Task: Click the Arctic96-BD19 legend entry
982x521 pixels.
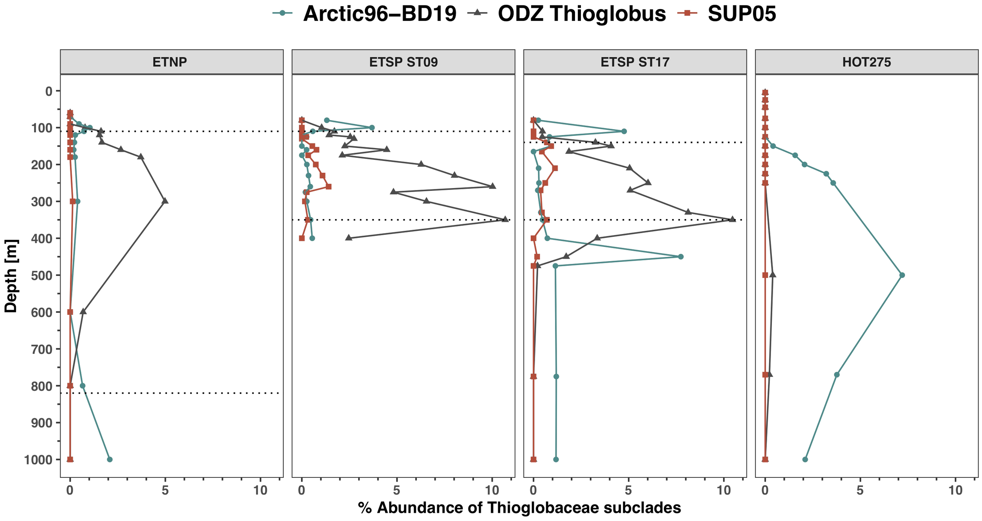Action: [x=379, y=14]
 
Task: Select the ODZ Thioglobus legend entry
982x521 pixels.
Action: [x=581, y=14]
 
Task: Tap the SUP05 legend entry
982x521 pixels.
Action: [x=742, y=14]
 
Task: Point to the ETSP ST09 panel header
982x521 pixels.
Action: [x=403, y=62]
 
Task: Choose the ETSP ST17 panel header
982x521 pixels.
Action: [x=635, y=62]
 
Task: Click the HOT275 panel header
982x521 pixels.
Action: [x=867, y=62]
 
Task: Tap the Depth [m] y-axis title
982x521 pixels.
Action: [x=11, y=276]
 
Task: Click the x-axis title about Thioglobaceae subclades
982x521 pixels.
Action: [x=519, y=508]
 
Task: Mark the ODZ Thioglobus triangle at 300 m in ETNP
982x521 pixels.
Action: [x=165, y=201]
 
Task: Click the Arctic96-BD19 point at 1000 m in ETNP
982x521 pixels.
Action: [x=110, y=459]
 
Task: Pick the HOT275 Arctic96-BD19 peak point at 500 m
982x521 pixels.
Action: [x=902, y=275]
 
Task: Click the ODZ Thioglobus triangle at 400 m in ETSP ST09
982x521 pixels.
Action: [x=348, y=238]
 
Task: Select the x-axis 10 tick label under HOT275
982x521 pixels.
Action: [x=955, y=490]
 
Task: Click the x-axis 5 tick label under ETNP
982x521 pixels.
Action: [x=165, y=490]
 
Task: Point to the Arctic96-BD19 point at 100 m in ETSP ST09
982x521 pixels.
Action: [x=372, y=128]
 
